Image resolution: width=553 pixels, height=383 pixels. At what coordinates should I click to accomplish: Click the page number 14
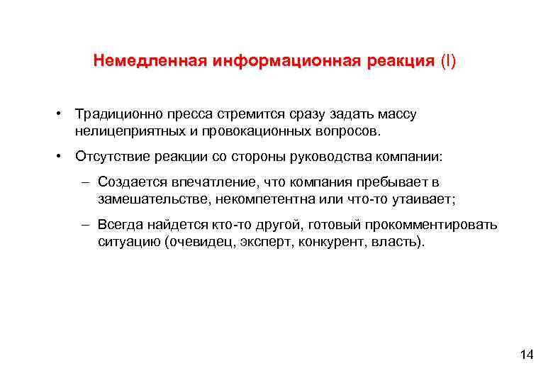click(526, 355)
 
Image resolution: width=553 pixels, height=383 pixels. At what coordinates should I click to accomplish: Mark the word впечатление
click(206, 182)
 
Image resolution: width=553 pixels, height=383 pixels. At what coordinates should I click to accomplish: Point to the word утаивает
click(420, 199)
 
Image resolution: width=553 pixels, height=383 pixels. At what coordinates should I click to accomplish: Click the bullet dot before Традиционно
click(63, 113)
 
